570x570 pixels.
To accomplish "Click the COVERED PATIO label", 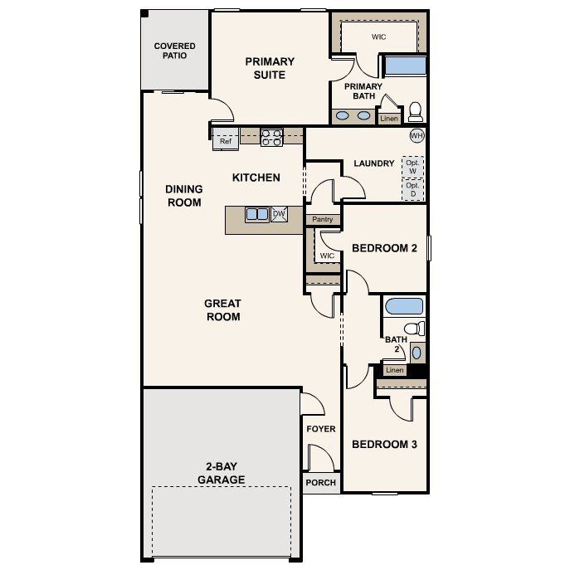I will coord(175,51).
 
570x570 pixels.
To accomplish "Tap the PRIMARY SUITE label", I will coord(270,68).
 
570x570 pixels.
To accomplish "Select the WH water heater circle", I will coord(417,135).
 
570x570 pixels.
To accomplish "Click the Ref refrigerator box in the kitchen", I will coord(226,141).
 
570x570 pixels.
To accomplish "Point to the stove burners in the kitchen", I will coord(271,137).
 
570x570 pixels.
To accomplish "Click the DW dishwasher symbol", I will coord(279,214).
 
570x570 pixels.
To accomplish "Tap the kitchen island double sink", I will coord(257,215).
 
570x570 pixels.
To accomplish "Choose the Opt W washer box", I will coord(412,166).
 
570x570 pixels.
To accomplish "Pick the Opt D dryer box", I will coord(412,189).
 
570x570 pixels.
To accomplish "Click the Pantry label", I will coord(322,220).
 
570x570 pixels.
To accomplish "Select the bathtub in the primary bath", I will coord(404,66).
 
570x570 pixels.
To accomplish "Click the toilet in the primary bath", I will coord(415,111).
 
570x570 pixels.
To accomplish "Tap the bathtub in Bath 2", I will coord(404,305).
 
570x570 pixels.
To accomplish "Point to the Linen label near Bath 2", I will coord(395,370).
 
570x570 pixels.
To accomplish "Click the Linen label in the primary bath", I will coord(389,119).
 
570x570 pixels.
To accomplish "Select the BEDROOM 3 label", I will coord(384,445).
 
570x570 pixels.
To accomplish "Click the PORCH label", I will coord(321,483).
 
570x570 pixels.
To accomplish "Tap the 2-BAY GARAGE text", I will coord(221,473).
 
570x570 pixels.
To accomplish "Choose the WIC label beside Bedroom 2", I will coord(327,256).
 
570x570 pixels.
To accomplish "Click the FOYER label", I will coord(321,429).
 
